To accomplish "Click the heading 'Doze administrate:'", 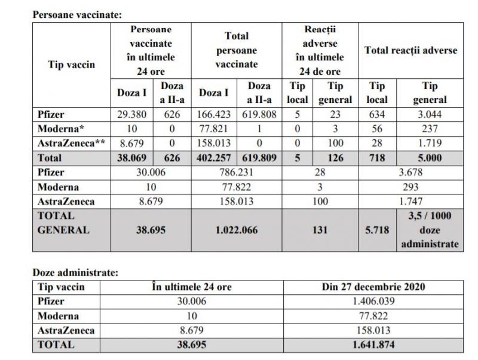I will click(75, 273).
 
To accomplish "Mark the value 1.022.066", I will click(237, 229).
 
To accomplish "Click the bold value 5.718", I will click(377, 229).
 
